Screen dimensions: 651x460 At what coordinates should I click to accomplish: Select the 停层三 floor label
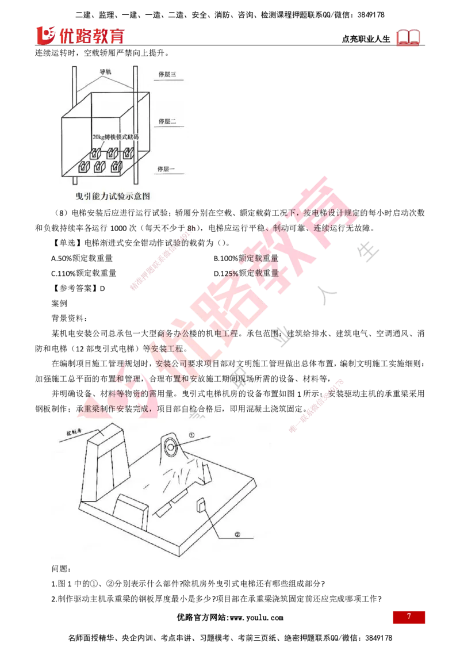[168, 74]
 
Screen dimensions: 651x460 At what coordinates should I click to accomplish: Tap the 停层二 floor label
[168, 122]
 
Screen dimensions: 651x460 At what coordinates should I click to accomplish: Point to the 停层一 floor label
[168, 169]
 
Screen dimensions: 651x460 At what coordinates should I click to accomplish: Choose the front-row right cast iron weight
[118, 167]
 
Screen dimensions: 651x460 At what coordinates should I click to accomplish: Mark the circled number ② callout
[237, 534]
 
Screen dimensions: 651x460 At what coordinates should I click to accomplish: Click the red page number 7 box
[409, 616]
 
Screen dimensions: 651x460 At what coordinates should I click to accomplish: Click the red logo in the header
[80, 36]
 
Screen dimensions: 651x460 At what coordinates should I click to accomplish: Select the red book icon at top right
[409, 37]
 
